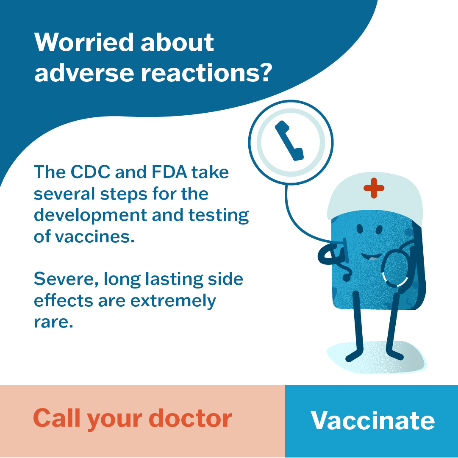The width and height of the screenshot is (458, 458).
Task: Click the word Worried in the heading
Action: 84,42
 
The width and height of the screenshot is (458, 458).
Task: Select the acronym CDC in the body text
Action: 90,172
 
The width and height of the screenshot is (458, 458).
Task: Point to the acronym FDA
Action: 169,172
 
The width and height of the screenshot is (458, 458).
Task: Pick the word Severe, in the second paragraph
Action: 66,279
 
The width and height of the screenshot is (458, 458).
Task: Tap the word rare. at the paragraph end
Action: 53,322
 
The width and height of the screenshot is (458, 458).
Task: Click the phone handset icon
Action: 289,141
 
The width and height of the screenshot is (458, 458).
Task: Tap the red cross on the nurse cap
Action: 374,188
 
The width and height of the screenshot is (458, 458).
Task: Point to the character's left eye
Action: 360,229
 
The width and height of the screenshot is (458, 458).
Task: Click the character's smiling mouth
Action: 371,257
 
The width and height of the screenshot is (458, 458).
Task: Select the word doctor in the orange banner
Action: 190,418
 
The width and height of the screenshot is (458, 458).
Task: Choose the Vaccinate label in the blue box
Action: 372,420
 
